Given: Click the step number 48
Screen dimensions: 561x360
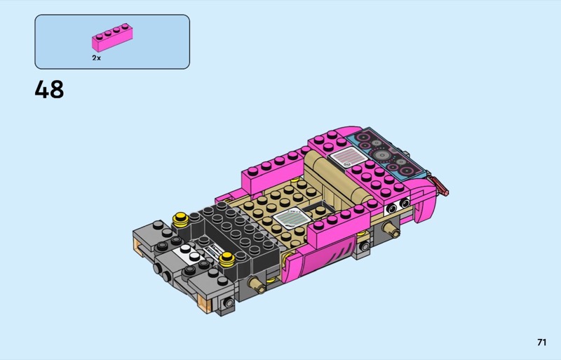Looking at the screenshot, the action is [49, 89].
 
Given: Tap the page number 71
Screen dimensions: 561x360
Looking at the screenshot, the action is [541, 342].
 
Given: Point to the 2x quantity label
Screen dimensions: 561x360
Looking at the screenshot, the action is [96, 58].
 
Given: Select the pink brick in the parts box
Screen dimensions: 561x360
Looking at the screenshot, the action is [112, 38].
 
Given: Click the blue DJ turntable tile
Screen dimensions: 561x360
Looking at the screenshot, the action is [386, 153].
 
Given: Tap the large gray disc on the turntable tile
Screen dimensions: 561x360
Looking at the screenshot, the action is [382, 155].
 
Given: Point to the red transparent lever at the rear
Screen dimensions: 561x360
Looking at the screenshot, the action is [440, 185].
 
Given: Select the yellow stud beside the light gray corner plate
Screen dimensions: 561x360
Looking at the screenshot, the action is [181, 220].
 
